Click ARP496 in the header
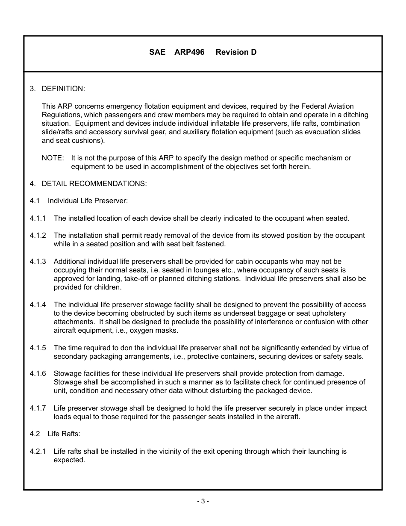pyautogui.click(x=189, y=52)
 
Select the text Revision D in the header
pyautogui.click(x=236, y=52)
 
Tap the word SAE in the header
pyautogui.click(x=157, y=52)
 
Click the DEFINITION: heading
pyautogui.click(x=63, y=89)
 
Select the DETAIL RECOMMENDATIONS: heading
pyautogui.click(x=94, y=183)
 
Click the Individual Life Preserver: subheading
pyautogui.click(x=88, y=201)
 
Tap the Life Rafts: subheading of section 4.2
pyautogui.click(x=64, y=434)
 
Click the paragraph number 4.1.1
pyautogui.click(x=38, y=218)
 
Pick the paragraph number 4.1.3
pyautogui.click(x=38, y=261)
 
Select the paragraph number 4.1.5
pyautogui.click(x=38, y=348)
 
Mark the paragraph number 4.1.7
pyautogui.click(x=38, y=408)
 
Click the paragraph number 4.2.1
pyautogui.click(x=38, y=451)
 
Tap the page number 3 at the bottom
pyautogui.click(x=203, y=501)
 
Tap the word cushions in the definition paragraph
pyautogui.click(x=89, y=140)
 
